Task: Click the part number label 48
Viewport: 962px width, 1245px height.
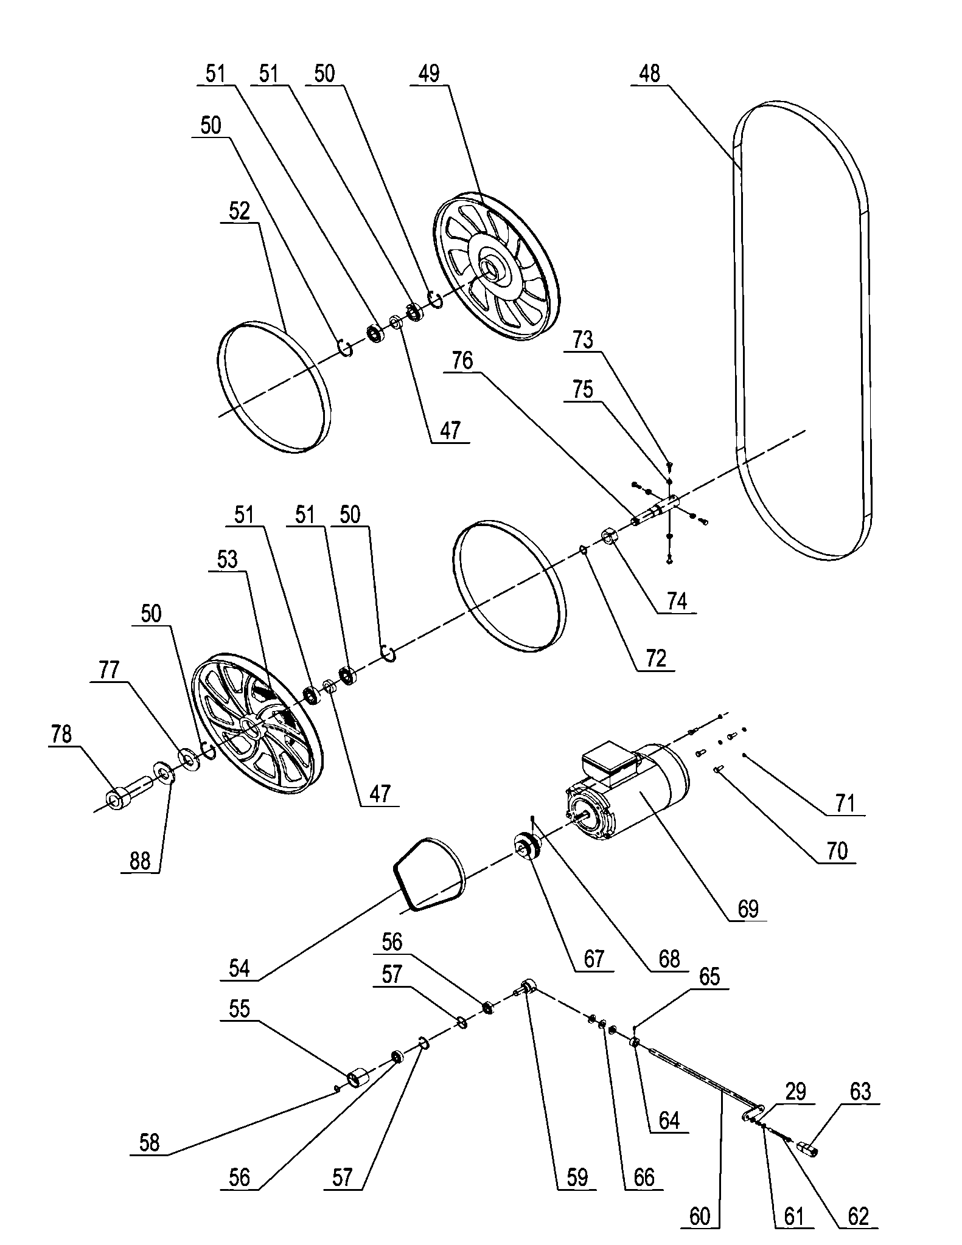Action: point(649,74)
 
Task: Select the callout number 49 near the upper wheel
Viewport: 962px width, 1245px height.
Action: point(429,74)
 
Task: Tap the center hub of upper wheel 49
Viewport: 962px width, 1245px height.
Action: point(489,268)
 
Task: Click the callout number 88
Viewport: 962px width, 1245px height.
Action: point(140,861)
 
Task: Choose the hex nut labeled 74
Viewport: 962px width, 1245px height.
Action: point(610,537)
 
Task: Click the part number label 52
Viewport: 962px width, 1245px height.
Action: point(239,211)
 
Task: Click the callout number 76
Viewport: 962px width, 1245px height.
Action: point(462,361)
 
